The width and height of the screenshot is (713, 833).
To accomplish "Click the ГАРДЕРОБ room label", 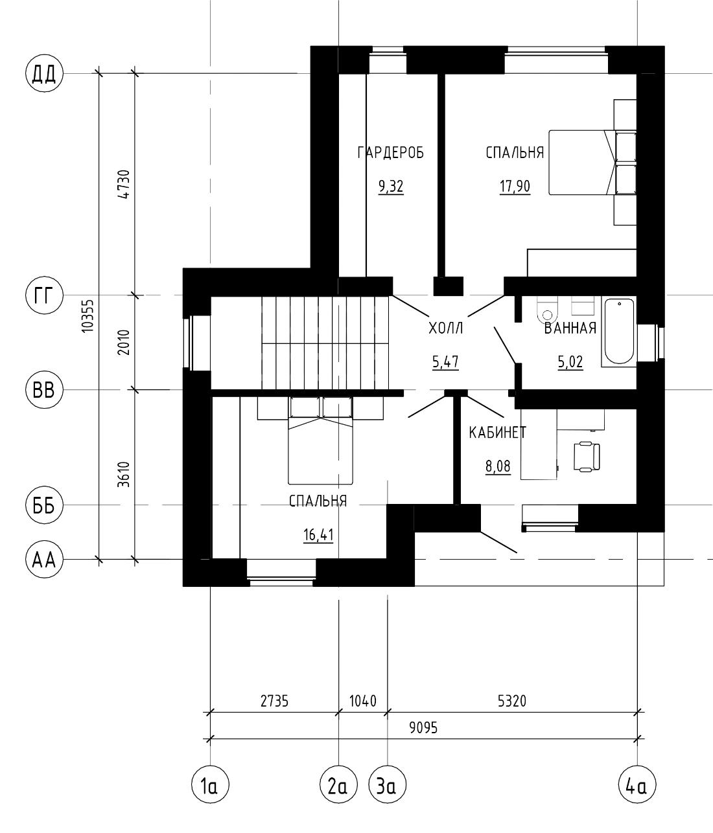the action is pyautogui.click(x=390, y=153).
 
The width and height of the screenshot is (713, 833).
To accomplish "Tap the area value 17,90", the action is pyautogui.click(x=515, y=187).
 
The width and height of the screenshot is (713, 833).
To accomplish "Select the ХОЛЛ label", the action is pyautogui.click(x=446, y=328).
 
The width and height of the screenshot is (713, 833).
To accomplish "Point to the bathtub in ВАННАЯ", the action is pyautogui.click(x=619, y=332).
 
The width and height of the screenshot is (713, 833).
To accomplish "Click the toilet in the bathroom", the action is pyautogui.click(x=547, y=310).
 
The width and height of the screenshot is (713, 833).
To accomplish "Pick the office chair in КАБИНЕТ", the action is pyautogui.click(x=587, y=456).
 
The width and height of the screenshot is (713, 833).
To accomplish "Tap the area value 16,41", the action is pyautogui.click(x=318, y=535).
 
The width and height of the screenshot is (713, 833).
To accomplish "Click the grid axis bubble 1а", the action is pyautogui.click(x=210, y=786).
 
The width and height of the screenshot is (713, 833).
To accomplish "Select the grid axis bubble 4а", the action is pyautogui.click(x=637, y=786).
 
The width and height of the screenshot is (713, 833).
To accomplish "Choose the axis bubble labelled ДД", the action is pyautogui.click(x=44, y=74).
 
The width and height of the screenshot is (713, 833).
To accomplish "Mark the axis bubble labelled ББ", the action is pyautogui.click(x=44, y=505).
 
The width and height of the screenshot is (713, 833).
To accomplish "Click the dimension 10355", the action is pyautogui.click(x=88, y=315).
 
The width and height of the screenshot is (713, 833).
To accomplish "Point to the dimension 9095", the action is pyautogui.click(x=423, y=728).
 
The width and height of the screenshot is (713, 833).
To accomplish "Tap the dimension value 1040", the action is pyautogui.click(x=362, y=702).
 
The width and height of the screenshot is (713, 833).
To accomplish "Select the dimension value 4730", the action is pyautogui.click(x=124, y=184).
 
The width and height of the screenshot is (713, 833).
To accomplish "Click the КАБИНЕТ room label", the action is pyautogui.click(x=498, y=433).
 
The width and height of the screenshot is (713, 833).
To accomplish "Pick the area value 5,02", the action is pyautogui.click(x=570, y=362).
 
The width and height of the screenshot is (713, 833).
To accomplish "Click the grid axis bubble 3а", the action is pyautogui.click(x=388, y=786).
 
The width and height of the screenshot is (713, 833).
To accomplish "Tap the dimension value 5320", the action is pyautogui.click(x=512, y=702).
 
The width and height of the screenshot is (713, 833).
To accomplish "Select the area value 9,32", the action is pyautogui.click(x=391, y=187).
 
